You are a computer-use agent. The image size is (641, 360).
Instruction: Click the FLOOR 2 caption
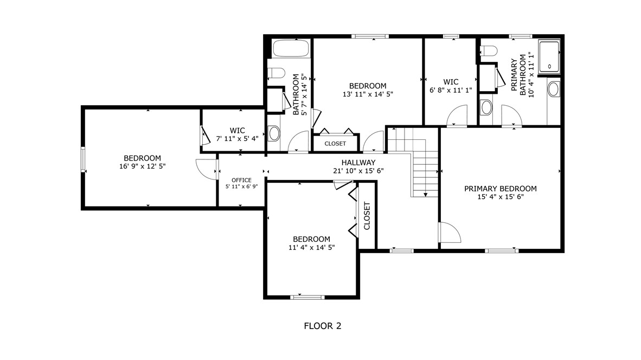323,326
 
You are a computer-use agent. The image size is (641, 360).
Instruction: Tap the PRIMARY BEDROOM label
501,188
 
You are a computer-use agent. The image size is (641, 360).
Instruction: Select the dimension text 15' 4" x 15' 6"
501,197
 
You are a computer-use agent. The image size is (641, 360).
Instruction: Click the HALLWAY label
358,163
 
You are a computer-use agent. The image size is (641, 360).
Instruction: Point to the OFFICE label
242,180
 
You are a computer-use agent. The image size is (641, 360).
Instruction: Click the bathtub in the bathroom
291,49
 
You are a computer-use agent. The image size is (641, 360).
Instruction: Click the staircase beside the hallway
413,162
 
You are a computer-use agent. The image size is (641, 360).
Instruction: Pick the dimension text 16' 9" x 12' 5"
142,166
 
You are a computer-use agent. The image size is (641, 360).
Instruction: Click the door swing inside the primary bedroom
450,233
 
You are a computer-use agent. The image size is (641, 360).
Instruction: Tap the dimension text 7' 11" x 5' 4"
237,139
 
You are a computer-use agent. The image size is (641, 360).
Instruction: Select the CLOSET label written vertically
367,216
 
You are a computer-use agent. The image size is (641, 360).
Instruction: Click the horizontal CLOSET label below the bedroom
335,144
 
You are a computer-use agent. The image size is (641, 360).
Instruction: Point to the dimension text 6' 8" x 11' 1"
451,90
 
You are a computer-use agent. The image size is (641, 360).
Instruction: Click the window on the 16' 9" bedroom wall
83,159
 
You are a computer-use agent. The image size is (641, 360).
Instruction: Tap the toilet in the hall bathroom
277,73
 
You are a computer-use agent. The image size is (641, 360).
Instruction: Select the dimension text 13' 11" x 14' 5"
368,94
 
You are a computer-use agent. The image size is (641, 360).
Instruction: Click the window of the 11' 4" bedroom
307,297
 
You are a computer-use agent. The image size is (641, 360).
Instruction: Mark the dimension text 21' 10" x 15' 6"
358,171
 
